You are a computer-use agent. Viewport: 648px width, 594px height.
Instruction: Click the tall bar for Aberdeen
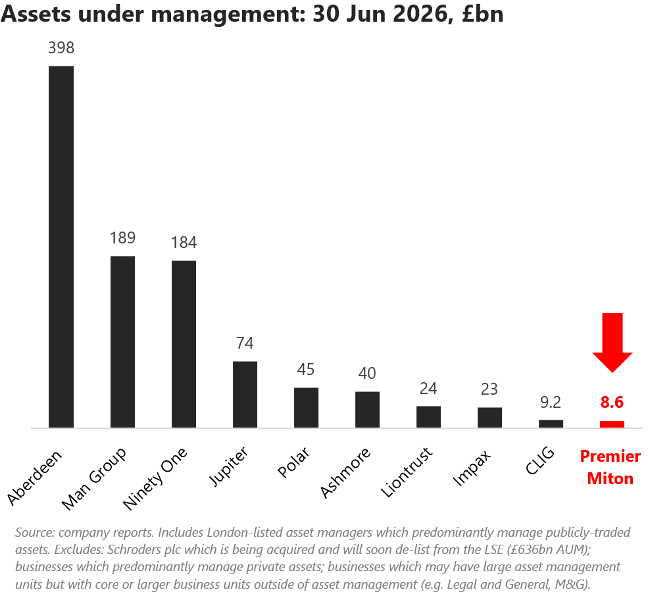(61, 247)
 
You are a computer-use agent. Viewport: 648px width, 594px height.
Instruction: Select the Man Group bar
(123, 342)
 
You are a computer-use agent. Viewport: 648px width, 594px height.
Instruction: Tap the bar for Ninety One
(184, 344)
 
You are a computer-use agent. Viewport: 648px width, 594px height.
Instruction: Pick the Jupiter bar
(245, 394)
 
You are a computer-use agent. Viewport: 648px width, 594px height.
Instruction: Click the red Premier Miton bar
(612, 424)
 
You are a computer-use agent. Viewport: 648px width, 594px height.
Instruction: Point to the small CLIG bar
(551, 424)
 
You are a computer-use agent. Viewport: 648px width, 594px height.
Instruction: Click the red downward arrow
(612, 343)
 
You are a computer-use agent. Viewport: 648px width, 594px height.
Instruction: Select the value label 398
(61, 48)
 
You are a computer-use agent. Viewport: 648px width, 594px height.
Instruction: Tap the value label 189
(123, 238)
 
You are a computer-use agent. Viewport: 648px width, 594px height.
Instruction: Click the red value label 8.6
(612, 402)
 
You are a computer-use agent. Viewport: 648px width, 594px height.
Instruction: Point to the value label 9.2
(551, 402)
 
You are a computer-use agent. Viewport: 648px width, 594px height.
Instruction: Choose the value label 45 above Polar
(306, 370)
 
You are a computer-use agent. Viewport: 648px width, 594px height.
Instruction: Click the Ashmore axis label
(345, 473)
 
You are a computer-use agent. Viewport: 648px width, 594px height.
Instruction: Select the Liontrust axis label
(407, 472)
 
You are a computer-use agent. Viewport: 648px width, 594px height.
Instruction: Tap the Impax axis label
(472, 468)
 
